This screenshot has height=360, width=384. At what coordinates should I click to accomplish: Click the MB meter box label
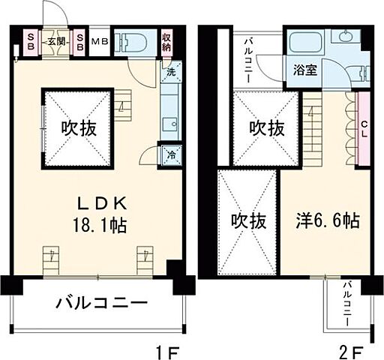tap(100, 41)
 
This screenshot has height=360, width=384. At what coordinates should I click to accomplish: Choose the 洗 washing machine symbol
tap(170, 73)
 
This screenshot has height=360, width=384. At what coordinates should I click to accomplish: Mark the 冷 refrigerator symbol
tap(170, 156)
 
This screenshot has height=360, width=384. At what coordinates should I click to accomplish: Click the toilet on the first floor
tap(135, 41)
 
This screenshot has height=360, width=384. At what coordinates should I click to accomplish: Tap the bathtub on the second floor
tap(305, 43)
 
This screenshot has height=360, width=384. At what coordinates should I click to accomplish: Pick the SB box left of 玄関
tap(31, 41)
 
